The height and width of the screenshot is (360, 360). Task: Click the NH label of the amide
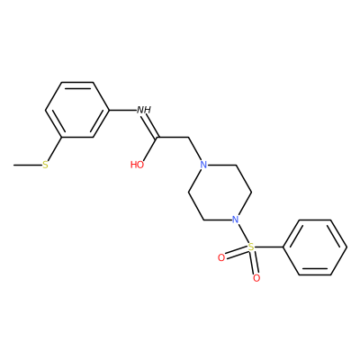point(144,110)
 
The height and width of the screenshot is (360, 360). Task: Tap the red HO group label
point(137,165)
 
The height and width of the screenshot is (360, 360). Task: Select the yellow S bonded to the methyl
point(45,165)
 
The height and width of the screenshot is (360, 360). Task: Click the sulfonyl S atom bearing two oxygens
point(251,247)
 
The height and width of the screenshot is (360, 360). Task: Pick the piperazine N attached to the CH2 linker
point(203,165)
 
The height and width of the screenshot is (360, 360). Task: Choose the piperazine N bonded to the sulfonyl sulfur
point(236,220)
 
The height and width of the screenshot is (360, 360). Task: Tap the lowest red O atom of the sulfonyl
point(256,278)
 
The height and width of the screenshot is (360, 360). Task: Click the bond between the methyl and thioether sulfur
point(27,165)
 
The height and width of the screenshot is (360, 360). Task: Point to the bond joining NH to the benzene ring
point(122,110)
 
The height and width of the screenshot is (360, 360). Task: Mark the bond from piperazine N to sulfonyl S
point(242,233)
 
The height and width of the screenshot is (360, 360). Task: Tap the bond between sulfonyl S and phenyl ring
point(268,247)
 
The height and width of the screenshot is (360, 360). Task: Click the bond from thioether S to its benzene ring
point(55,149)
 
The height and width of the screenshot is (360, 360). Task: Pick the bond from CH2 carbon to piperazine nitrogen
point(195,149)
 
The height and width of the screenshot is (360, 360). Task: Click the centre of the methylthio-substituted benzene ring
point(77,110)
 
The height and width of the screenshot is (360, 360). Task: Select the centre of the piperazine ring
point(220,193)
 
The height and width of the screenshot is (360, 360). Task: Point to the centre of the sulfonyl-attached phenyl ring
point(315,247)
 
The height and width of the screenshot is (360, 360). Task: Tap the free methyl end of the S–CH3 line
point(13,165)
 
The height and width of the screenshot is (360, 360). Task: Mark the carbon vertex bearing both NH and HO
point(157,138)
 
